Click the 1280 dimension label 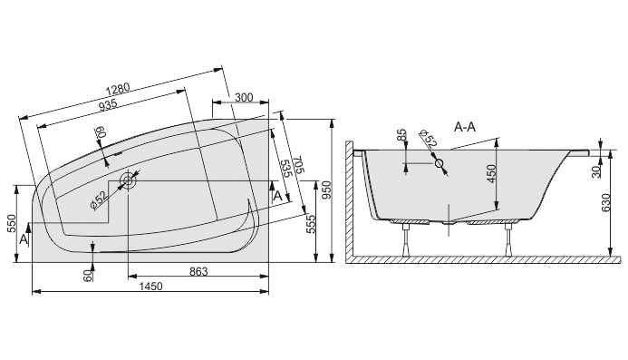(x=118, y=89)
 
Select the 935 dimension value (x=108, y=105)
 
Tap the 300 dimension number (x=244, y=97)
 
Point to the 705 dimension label (x=299, y=165)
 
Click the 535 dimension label (x=286, y=169)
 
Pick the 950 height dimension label (x=327, y=190)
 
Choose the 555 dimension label (x=311, y=224)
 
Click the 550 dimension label (x=11, y=223)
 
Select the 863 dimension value (x=198, y=272)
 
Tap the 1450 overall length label (x=150, y=287)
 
